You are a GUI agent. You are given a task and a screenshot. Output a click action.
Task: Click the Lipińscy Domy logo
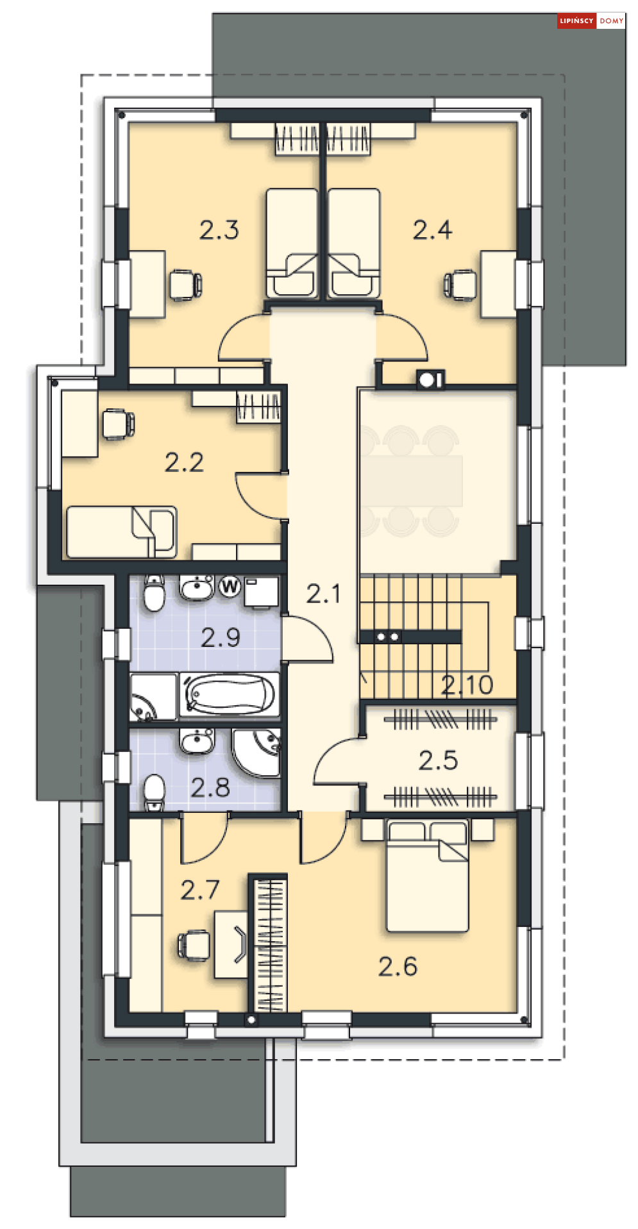[591, 21]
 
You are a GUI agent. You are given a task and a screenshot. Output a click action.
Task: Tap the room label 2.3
[219, 230]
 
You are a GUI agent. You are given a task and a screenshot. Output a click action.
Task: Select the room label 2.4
[432, 230]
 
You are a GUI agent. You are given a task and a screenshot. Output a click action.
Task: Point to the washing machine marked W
[230, 586]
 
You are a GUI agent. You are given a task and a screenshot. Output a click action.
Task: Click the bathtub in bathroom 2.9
[229, 694]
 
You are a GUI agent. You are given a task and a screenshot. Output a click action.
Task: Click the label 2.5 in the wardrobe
[438, 760]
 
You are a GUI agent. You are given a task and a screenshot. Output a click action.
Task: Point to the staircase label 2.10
[467, 685]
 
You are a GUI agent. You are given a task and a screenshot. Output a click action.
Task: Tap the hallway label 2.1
[323, 594]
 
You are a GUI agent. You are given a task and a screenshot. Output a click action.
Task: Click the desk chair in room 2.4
[460, 284]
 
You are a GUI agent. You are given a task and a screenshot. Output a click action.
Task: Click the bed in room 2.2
[121, 531]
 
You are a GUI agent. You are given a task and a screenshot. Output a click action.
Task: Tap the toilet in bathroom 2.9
[153, 594]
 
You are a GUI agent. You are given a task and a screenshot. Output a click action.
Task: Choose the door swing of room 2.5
[338, 763]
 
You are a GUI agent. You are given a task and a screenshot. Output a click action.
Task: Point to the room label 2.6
[398, 966]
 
